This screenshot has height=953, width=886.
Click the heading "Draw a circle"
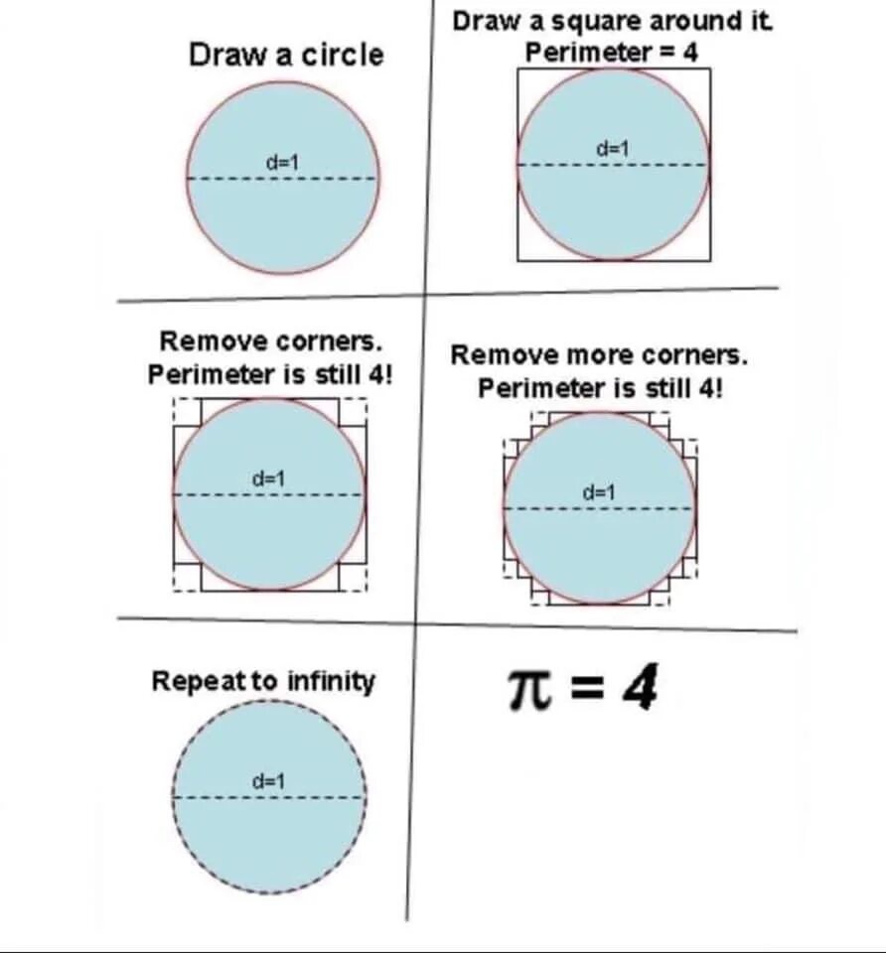point(285,55)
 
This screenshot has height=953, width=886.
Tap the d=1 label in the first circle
point(283,161)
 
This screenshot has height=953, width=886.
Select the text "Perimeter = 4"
point(612,53)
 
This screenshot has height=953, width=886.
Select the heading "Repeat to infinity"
point(263,682)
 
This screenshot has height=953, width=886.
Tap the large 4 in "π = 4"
point(640,689)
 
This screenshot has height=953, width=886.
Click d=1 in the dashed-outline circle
point(268,781)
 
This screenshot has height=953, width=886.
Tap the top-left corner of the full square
point(518,69)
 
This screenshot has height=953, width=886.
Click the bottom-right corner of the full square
point(709,260)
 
